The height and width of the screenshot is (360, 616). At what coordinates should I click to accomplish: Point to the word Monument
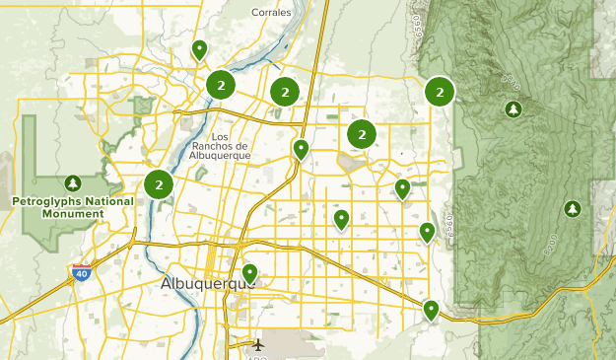point(45,212)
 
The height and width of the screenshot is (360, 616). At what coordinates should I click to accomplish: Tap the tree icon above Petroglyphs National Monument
point(72,183)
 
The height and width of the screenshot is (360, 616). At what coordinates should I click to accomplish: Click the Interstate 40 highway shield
point(80,273)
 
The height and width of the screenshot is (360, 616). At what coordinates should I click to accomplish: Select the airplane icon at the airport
point(258,345)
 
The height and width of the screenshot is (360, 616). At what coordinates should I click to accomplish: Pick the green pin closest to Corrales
point(199,48)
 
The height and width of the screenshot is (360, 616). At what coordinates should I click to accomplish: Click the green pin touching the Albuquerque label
point(250,272)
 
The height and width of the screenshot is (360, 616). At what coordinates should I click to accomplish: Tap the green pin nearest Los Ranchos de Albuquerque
point(301,149)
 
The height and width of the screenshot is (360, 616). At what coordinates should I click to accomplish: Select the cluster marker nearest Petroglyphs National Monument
point(158,184)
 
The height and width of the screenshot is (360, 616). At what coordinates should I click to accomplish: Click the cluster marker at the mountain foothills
point(439,92)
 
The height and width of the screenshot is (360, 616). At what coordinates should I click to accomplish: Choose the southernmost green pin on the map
point(431,310)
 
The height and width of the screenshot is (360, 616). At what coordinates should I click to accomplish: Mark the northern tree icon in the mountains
point(512,108)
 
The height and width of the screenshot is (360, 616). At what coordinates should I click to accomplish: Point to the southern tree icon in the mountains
point(572,209)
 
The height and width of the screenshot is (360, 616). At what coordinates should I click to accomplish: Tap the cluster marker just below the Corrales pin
point(220,85)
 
